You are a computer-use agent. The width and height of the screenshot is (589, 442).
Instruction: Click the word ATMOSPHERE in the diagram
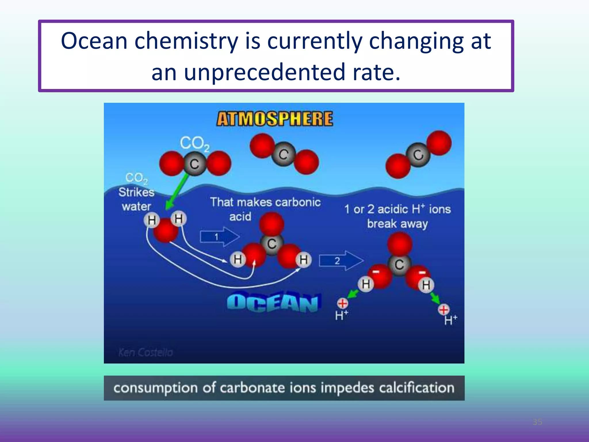[x=275, y=119]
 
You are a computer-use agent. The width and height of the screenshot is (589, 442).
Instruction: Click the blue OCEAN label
[x=273, y=303]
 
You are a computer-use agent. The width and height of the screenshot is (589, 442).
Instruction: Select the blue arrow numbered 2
[x=341, y=261]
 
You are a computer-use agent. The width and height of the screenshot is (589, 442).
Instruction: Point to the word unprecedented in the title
[x=264, y=72]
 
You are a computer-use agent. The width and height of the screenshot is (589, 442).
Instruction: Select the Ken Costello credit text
[x=146, y=352]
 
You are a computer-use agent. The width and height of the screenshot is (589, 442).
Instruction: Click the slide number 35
[x=537, y=422]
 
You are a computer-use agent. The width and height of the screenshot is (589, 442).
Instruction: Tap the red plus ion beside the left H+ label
[x=342, y=303]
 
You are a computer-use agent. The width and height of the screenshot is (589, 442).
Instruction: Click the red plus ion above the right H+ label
[x=443, y=310]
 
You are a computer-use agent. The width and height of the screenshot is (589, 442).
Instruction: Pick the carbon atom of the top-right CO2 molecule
[x=418, y=155]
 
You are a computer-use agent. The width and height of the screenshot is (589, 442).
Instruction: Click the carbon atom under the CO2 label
[x=195, y=164]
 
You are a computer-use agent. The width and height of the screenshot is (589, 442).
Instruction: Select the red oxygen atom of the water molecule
[x=165, y=230]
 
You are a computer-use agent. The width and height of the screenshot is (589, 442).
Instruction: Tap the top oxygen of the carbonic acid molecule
[x=271, y=224]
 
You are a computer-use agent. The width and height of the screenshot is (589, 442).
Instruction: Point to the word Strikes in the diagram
[x=136, y=192]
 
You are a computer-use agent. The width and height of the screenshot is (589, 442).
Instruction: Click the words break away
[x=397, y=224]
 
